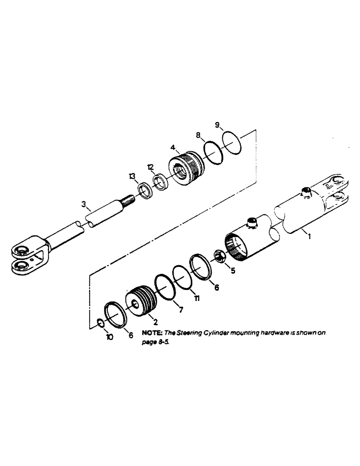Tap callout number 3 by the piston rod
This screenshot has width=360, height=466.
pyautogui.click(x=83, y=204)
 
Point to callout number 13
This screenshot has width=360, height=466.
pyautogui.click(x=132, y=176)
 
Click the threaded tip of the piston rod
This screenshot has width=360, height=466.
pyautogui.click(x=128, y=201)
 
